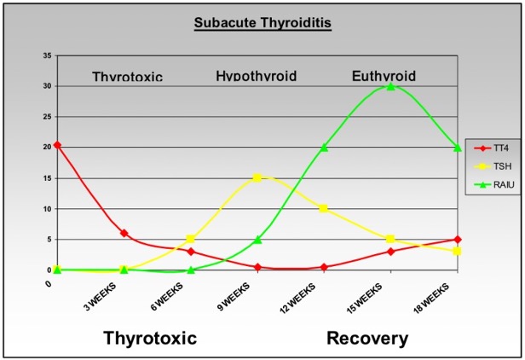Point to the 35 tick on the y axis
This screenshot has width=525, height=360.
coord(47,55)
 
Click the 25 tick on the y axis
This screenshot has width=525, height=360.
coord(47,117)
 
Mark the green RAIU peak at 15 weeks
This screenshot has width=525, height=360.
coord(390,86)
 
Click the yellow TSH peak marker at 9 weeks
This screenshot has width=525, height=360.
coord(257,177)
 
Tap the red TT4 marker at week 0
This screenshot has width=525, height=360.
coord(57,145)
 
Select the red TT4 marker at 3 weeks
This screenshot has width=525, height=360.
coord(124,233)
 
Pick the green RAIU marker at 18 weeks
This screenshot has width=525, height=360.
coord(458,148)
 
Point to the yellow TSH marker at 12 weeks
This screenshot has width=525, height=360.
coord(324,208)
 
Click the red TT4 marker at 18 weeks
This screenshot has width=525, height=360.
coord(458,239)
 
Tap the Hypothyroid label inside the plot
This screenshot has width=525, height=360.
coord(256,77)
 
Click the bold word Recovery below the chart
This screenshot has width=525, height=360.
coord(367,339)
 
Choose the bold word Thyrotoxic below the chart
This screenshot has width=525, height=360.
coord(150,339)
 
